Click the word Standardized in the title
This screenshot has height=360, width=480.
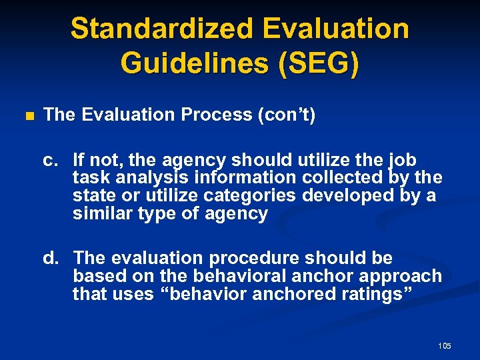click(x=161, y=29)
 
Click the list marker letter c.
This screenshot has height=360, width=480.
click(x=49, y=161)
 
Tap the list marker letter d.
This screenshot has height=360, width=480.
click(x=49, y=257)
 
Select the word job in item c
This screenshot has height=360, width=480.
click(x=402, y=161)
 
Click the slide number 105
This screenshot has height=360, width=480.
click(x=445, y=346)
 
